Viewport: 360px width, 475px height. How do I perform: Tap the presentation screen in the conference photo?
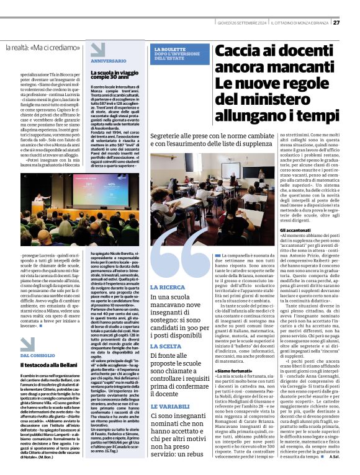pyautogui.click(x=96, y=189)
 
